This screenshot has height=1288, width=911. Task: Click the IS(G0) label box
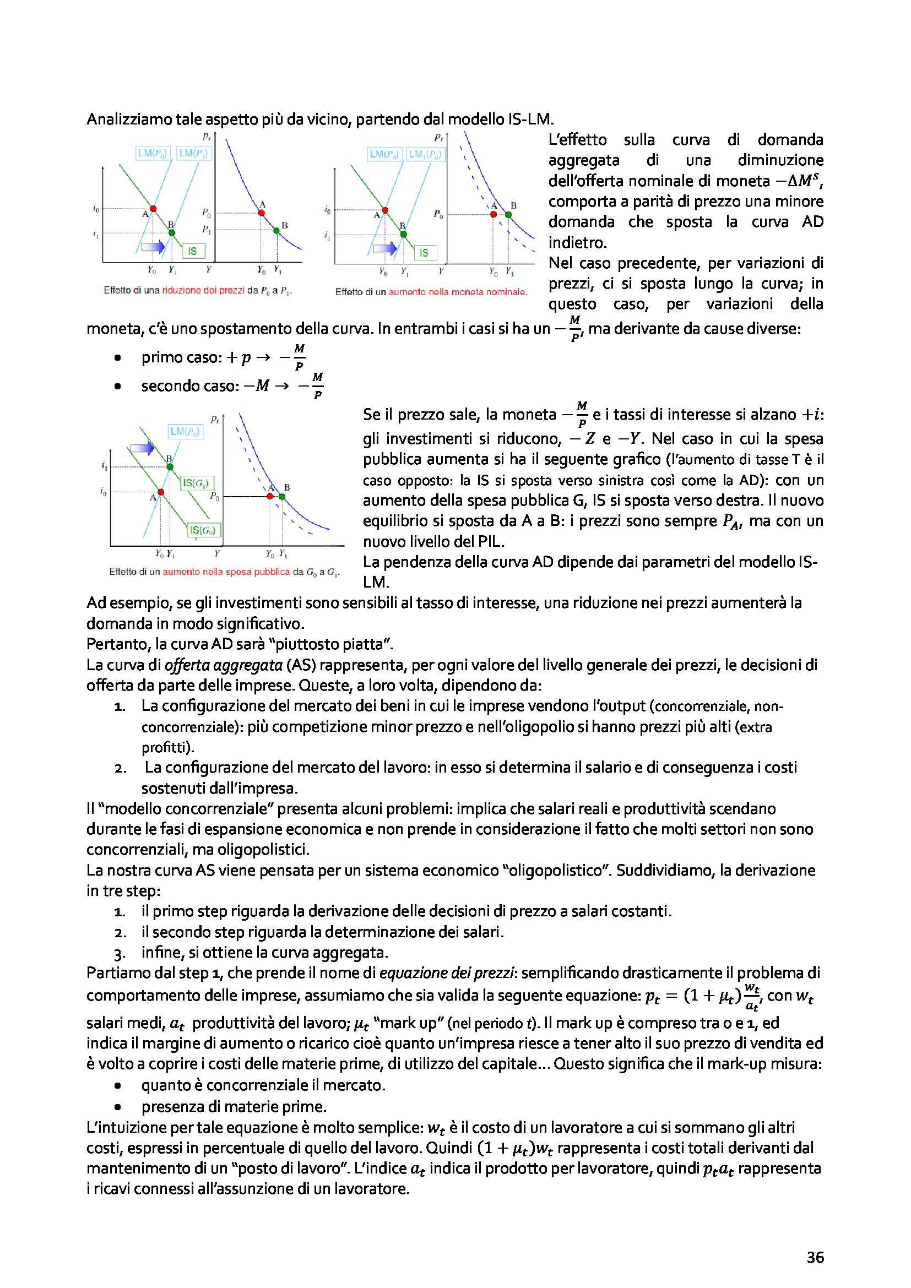pos(203,530)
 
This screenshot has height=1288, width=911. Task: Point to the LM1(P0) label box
pos(425,154)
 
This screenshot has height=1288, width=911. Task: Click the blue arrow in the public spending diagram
pos(142,448)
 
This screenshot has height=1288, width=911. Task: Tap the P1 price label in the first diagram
pos(207,230)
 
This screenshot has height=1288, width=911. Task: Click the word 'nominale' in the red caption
pos(507,292)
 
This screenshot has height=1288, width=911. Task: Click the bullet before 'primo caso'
pos(117,358)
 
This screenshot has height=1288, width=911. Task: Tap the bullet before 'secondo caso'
pos(117,387)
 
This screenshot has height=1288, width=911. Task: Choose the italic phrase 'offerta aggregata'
pos(223,665)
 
